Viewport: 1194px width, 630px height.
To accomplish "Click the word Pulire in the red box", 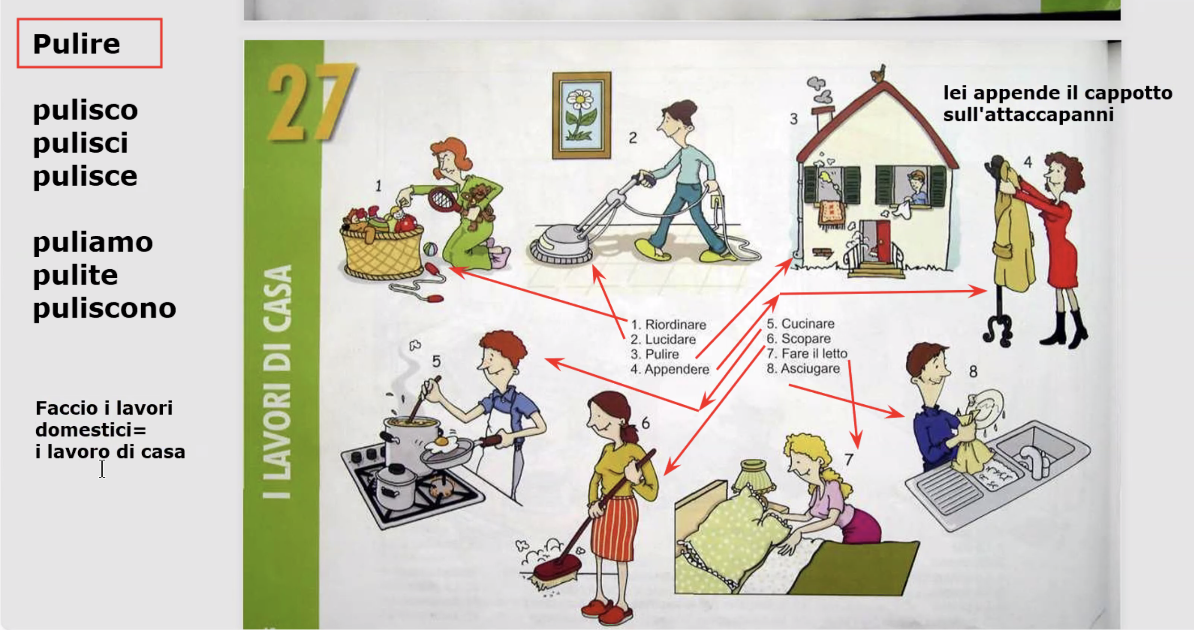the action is [76, 44].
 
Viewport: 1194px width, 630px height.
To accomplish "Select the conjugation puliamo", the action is [93, 242].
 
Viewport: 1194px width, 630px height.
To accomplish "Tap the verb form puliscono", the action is [105, 309].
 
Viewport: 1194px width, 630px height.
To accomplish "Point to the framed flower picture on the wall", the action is [581, 115].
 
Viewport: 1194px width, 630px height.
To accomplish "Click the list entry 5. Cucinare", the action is [800, 324].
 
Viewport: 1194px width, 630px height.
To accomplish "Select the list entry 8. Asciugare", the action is [803, 368].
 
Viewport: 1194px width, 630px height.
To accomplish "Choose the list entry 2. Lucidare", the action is [663, 339].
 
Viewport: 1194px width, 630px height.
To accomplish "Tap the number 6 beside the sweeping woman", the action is [645, 423].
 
